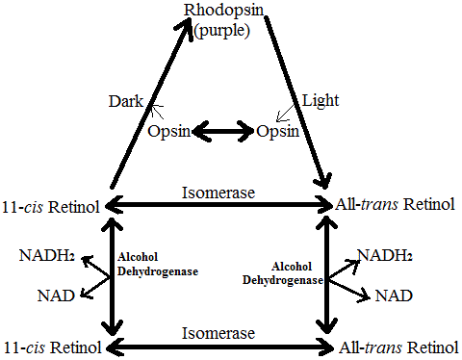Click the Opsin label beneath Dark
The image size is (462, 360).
pyautogui.click(x=170, y=130)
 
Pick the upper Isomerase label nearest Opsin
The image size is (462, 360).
pyautogui.click(x=218, y=193)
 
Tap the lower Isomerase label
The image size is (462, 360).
pyautogui.click(x=218, y=333)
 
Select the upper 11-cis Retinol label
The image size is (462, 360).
pyautogui.click(x=51, y=205)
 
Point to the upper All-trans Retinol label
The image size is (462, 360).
pyautogui.click(x=396, y=205)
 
